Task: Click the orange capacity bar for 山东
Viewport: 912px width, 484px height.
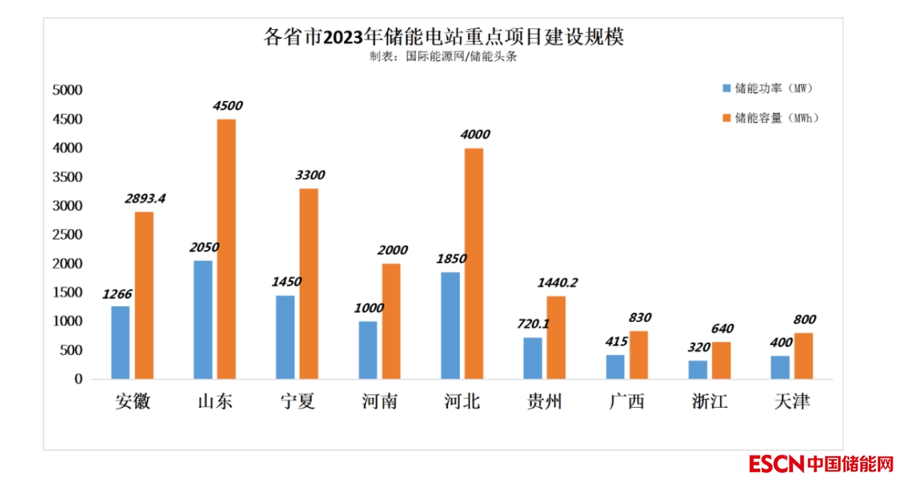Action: click(x=226, y=249)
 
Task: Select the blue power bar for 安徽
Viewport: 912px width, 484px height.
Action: click(x=120, y=343)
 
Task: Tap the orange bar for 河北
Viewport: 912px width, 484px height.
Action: click(x=474, y=264)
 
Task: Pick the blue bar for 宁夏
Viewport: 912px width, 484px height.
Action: click(x=285, y=337)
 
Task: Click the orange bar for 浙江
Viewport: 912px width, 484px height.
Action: click(x=722, y=360)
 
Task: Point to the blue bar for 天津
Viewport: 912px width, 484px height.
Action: click(x=780, y=367)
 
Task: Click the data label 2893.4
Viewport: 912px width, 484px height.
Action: click(x=145, y=199)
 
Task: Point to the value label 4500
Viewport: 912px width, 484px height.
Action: click(x=227, y=106)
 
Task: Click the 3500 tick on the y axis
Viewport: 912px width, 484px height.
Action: click(x=68, y=177)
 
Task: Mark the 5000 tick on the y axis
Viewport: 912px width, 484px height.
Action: click(x=68, y=90)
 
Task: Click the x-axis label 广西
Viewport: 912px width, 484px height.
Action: click(x=627, y=402)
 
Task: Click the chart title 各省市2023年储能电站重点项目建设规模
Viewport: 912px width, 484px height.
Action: click(x=443, y=36)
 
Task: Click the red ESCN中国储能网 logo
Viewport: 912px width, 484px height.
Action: click(x=821, y=463)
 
